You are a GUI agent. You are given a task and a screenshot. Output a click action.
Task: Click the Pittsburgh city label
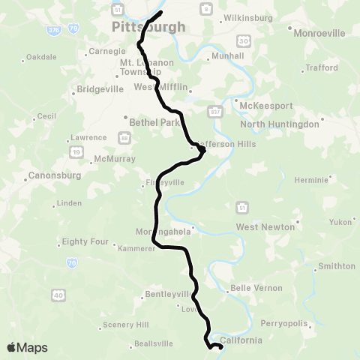pos(148,27)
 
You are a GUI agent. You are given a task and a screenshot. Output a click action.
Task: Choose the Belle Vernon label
pos(256,288)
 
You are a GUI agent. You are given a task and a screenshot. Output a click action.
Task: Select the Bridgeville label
pos(100,89)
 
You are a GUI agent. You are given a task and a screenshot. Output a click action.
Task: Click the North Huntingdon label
pos(280,124)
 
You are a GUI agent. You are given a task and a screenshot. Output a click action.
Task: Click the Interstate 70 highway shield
pos(71,262)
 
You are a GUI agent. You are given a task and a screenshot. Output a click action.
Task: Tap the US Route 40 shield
pos(58,295)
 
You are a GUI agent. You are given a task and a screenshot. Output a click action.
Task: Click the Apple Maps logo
pos(27,347)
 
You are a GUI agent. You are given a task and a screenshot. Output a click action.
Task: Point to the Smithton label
pos(337,266)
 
